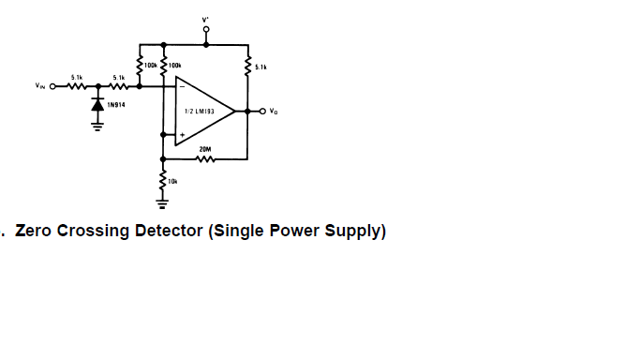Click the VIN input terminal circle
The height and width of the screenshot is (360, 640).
[x=52, y=86]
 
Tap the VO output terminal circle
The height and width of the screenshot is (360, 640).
[x=263, y=111]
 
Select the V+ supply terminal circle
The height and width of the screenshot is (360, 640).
[x=206, y=29]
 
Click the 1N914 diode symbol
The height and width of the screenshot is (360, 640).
[x=97, y=105]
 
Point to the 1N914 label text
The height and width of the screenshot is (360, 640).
[x=116, y=105]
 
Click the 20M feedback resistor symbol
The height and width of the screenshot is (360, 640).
[x=205, y=158]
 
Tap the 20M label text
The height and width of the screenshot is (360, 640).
[x=205, y=149]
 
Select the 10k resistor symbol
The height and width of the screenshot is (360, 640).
[x=163, y=181]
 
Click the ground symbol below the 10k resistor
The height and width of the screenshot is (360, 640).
[x=162, y=204]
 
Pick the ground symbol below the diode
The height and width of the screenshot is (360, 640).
[x=97, y=127]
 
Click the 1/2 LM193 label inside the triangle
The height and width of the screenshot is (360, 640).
[x=200, y=111]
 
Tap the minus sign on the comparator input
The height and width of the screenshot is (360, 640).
[x=182, y=86]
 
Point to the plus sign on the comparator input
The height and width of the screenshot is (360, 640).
[x=182, y=135]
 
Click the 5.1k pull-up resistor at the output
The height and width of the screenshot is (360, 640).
[x=247, y=67]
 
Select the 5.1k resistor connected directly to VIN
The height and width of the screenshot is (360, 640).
[x=76, y=86]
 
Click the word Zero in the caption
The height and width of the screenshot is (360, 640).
[x=33, y=231]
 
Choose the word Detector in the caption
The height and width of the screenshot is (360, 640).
[x=169, y=231]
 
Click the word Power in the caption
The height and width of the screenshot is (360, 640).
[x=294, y=231]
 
